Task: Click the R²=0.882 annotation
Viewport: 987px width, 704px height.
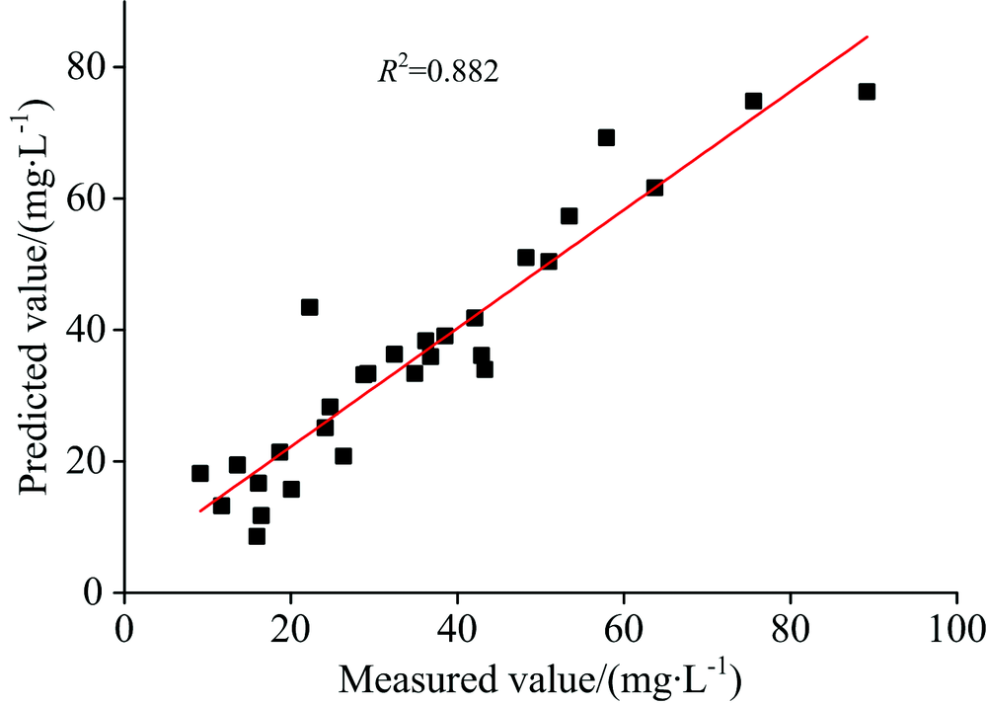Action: (438, 72)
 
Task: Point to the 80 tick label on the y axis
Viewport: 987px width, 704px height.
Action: (83, 67)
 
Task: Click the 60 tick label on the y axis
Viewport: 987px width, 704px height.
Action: (83, 198)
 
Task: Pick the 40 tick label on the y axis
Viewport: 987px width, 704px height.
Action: (83, 330)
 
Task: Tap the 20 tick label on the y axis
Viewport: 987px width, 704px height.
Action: (83, 461)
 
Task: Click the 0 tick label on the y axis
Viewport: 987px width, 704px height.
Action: (93, 592)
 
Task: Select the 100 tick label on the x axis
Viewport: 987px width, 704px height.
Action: (956, 628)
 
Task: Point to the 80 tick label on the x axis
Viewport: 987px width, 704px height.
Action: (790, 628)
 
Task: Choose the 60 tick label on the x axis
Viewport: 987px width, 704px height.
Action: (623, 628)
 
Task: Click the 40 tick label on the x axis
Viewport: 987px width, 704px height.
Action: (457, 628)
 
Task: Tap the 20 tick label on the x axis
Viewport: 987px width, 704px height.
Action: (290, 628)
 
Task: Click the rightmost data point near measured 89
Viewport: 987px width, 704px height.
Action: (867, 92)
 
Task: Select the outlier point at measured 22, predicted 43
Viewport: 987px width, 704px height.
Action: (309, 307)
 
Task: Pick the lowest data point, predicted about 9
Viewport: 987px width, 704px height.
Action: (257, 536)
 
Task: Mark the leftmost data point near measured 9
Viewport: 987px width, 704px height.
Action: (200, 473)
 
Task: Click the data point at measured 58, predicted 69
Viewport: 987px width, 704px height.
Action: (606, 137)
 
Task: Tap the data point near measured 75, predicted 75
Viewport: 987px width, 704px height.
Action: (753, 101)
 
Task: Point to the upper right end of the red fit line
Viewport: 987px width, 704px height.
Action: (867, 38)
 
